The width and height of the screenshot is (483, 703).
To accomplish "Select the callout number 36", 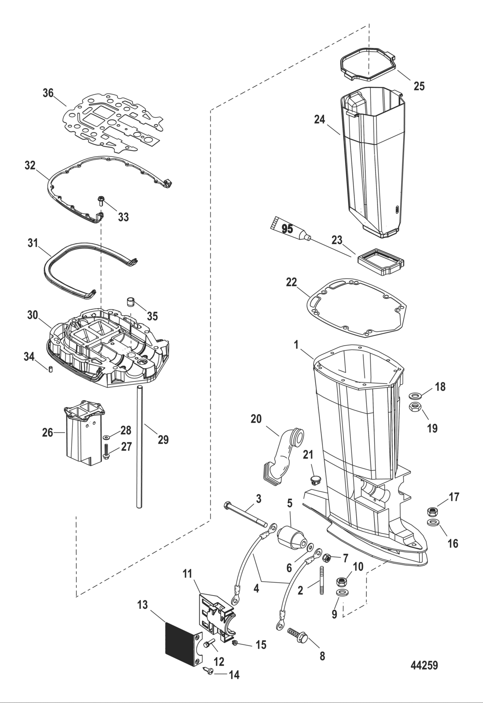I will (x=48, y=93).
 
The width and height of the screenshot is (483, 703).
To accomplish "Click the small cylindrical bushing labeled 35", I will (x=130, y=301).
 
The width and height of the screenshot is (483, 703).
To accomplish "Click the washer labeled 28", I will (x=106, y=438).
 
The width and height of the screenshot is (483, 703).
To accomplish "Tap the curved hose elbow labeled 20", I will (x=281, y=453).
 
